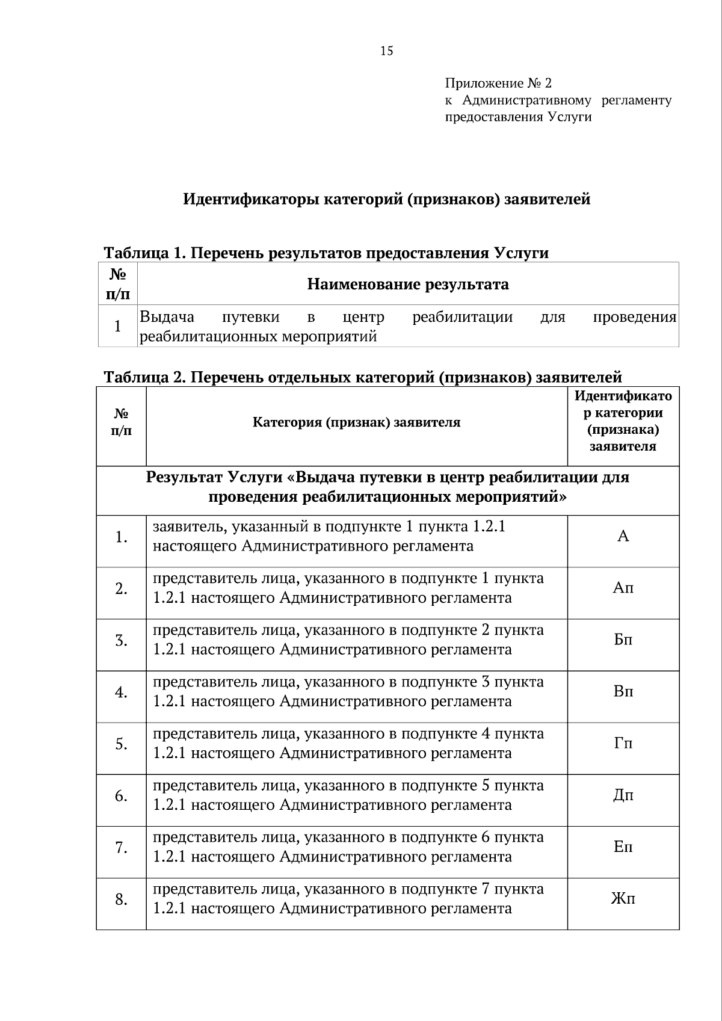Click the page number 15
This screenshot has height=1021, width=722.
386,51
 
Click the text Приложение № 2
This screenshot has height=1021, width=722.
498,83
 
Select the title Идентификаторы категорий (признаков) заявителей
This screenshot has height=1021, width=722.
386,199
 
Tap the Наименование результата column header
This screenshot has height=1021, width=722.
407,284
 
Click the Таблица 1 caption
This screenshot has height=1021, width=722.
326,253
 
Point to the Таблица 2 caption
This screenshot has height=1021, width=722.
363,377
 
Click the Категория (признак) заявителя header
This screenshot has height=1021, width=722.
356,422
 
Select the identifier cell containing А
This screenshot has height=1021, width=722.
623,536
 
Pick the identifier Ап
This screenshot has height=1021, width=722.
623,588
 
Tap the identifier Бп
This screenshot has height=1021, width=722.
623,640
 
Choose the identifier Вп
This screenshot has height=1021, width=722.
623,691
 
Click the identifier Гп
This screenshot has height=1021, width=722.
623,743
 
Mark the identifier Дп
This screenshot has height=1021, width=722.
623,795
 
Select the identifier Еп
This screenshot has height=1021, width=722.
623,847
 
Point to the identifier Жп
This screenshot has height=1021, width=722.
623,899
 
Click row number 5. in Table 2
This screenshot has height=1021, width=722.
122,744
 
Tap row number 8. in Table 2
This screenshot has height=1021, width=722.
122,899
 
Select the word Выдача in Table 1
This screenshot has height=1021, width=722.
167,317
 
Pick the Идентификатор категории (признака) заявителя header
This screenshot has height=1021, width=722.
623,421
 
